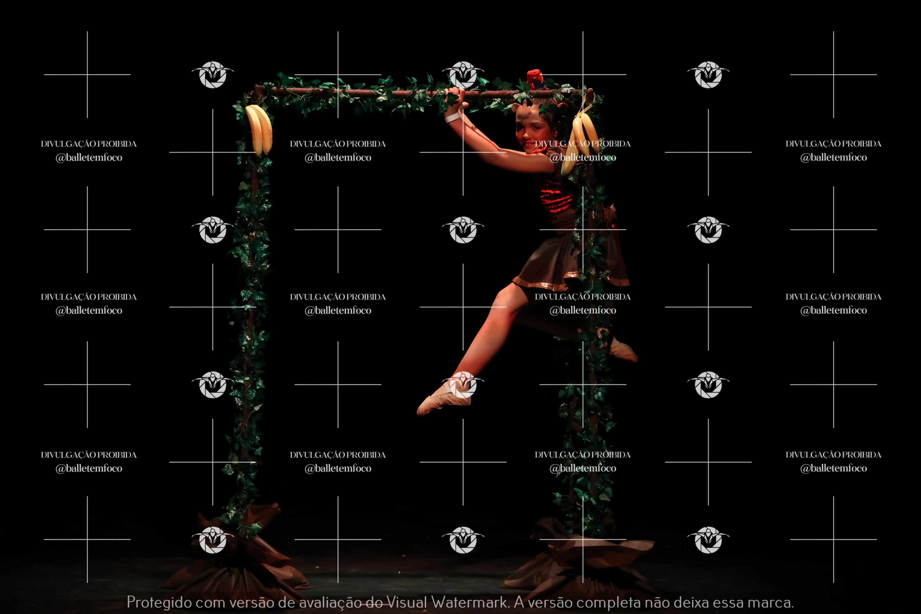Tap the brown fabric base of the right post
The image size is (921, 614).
579,556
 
